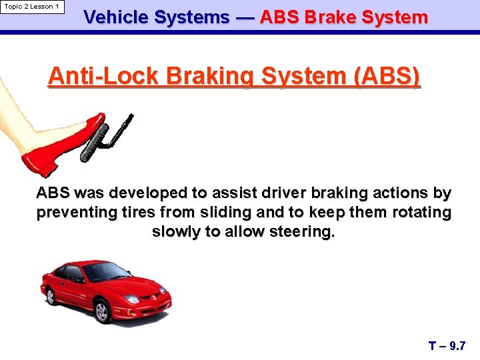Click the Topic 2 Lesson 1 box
pos(32,7)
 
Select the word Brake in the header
pos(330,18)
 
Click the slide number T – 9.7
pos(446,346)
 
